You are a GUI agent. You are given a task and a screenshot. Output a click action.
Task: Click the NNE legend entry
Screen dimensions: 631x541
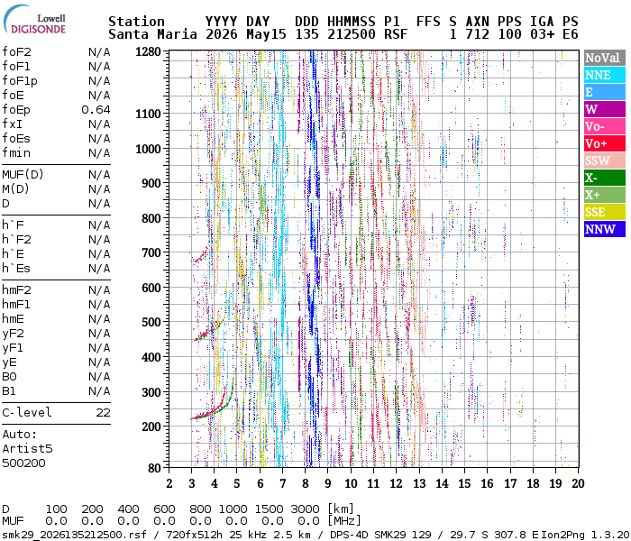[x=605, y=75]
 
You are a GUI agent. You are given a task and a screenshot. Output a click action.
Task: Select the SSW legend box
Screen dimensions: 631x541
[x=605, y=160]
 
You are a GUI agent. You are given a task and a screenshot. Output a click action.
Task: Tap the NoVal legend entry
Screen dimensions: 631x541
[x=605, y=58]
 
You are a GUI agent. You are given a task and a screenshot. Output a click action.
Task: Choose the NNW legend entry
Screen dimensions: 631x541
[x=605, y=229]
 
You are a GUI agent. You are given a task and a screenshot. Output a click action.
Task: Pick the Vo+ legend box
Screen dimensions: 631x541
[x=605, y=143]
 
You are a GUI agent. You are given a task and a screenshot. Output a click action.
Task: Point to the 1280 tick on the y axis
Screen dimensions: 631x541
[x=148, y=51]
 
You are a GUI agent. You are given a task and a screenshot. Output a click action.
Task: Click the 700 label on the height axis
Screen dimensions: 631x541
[x=151, y=252]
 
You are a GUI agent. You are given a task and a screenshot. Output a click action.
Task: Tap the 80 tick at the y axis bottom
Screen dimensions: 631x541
[x=154, y=468]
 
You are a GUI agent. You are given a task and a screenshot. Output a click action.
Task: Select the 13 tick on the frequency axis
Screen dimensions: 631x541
[x=419, y=483]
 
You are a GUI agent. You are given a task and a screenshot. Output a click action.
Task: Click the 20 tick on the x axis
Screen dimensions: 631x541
[x=579, y=483]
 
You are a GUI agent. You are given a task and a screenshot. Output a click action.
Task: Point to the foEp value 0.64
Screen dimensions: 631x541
[x=96, y=109]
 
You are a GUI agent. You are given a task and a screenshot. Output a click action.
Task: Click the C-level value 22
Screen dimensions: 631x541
[x=103, y=413]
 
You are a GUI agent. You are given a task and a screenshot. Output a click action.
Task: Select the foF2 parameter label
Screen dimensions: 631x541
[x=16, y=52]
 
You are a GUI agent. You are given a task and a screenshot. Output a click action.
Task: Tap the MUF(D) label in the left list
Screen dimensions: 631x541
[x=23, y=175]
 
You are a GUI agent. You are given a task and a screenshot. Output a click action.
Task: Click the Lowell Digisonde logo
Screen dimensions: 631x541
[x=34, y=19]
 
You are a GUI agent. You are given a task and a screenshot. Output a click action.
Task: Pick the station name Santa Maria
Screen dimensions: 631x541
[x=152, y=34]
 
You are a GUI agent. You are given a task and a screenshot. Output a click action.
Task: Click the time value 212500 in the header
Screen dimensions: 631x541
[x=352, y=34]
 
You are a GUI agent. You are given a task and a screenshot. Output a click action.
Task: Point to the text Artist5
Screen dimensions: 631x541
[x=27, y=448]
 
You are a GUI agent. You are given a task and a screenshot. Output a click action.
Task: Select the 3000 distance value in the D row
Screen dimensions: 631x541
[x=305, y=509]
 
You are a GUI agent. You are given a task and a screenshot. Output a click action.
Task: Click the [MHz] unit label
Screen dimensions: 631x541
[x=343, y=521]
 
